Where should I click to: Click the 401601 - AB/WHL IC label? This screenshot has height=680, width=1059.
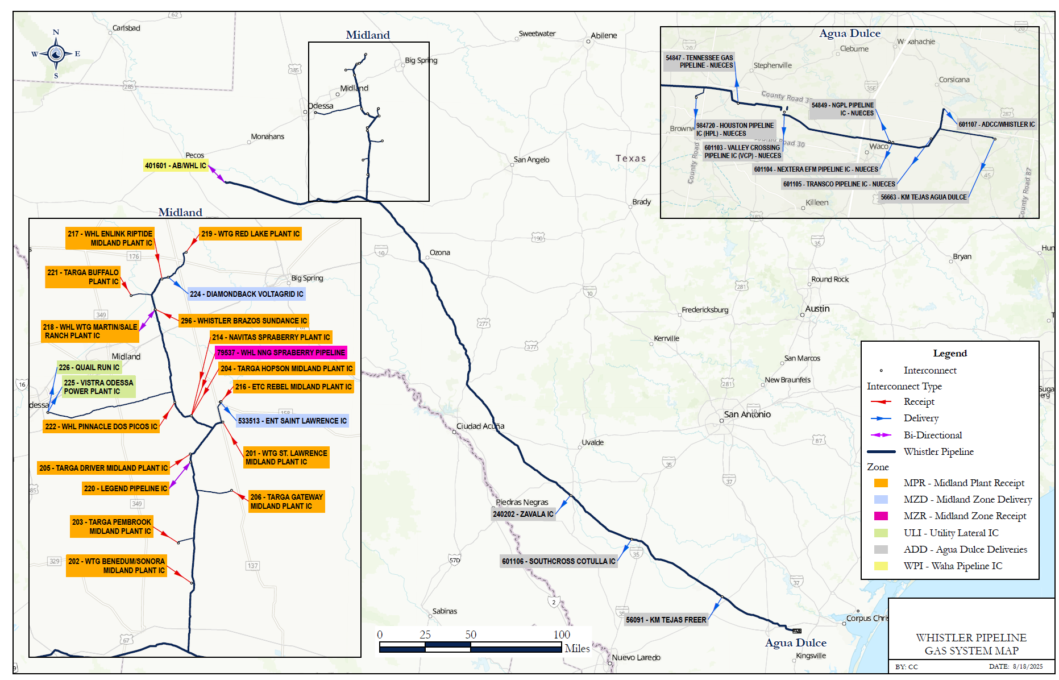(175, 165)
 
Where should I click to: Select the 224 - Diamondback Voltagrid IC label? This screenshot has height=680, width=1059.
(246, 294)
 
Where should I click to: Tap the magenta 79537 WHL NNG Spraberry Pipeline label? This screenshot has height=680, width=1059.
(281, 353)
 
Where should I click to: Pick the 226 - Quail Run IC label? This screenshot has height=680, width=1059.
(89, 367)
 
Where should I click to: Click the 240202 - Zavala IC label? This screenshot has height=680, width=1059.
(522, 514)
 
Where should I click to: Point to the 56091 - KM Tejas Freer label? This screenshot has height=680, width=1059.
(666, 620)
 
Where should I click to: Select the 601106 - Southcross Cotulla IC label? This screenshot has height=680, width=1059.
(558, 561)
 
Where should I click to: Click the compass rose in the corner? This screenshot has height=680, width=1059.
(56, 54)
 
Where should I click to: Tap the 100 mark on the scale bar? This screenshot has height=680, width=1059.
(562, 635)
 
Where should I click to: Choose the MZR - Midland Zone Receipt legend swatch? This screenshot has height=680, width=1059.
(881, 516)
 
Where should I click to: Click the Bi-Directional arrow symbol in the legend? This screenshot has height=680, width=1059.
(881, 435)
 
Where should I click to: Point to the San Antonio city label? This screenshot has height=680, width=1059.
(747, 414)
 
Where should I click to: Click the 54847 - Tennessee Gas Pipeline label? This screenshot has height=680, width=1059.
(699, 61)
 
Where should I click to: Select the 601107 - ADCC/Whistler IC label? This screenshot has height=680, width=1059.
(996, 124)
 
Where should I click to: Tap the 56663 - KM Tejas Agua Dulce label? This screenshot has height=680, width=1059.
(923, 197)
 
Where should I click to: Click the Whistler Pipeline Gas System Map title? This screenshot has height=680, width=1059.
(971, 644)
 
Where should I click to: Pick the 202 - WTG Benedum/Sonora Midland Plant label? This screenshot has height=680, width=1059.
(117, 566)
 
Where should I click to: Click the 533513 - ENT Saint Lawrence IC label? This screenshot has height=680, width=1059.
(292, 421)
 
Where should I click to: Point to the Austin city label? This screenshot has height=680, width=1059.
(817, 309)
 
